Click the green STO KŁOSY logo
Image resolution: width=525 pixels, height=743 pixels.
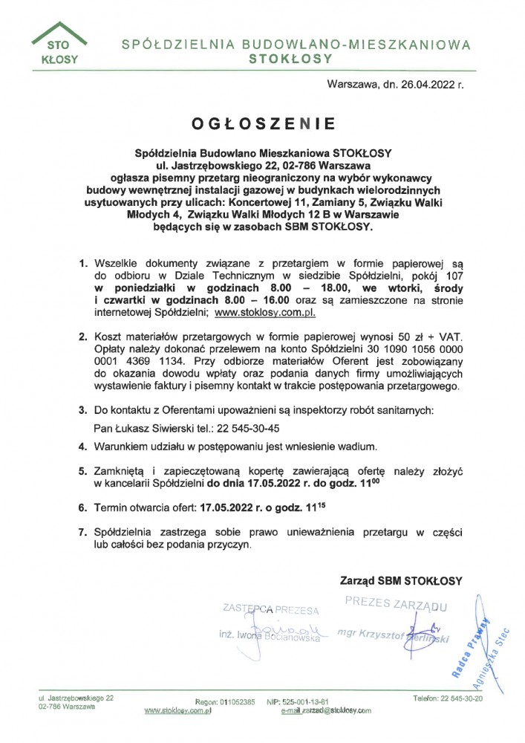pyautogui.click(x=57, y=45)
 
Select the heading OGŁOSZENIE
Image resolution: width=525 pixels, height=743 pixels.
pyautogui.click(x=261, y=122)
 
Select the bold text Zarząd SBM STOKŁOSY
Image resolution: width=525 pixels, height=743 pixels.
pyautogui.click(x=401, y=580)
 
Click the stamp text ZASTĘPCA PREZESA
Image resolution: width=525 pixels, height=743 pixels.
pyautogui.click(x=270, y=610)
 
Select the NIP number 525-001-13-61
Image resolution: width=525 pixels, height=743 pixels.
pyautogui.click(x=304, y=701)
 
